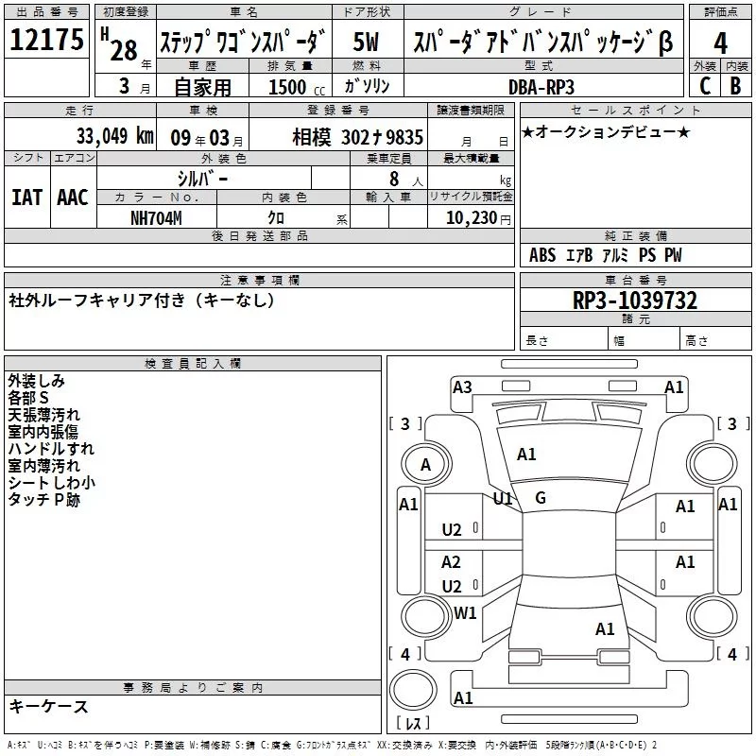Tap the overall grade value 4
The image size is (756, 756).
721,43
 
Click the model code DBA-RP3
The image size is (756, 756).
541,86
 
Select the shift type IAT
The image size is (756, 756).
26,198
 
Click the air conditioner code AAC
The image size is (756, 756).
73,198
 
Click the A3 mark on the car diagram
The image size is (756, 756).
462,387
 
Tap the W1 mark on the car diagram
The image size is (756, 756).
465,613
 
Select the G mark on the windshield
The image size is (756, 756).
541,498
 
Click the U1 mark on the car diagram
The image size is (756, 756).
503,498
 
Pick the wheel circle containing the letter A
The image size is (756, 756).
425,464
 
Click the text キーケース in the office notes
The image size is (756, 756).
49,707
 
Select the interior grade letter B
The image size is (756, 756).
735,86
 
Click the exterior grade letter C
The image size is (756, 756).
704,86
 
